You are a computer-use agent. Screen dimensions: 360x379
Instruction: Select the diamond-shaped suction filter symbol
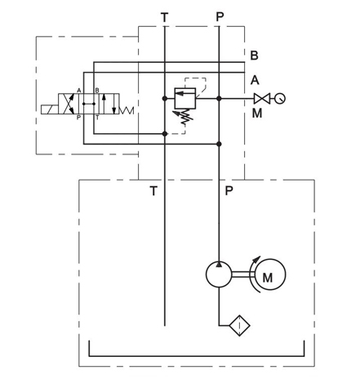239,325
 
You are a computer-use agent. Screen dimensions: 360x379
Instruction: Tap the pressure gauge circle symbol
280,98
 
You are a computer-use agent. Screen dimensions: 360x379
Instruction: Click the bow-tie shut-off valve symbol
262,98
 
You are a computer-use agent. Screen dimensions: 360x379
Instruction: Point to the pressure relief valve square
185,98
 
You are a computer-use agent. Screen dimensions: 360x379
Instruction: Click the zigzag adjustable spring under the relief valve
184,117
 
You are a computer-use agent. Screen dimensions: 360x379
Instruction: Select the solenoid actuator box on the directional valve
50,109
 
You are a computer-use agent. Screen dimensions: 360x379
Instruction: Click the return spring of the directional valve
127,110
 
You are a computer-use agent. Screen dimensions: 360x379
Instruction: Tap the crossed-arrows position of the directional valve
69,104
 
